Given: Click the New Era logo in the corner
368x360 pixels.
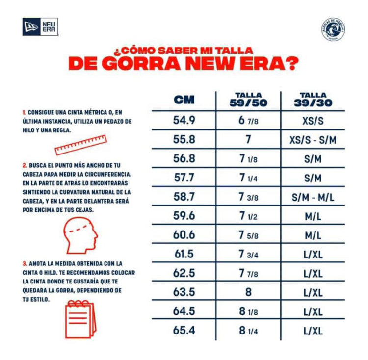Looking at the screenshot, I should coord(40,26).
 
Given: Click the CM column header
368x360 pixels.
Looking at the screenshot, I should coord(184,100).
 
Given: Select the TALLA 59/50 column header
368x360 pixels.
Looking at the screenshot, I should coord(249,100).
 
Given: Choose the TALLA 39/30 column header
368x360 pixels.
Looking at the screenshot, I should coord(313,100).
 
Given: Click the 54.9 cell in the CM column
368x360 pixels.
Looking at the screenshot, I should coord(184,120).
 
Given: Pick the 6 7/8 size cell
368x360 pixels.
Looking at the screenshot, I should coord(249,120).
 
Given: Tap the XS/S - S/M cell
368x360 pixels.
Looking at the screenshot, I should coord(313,139).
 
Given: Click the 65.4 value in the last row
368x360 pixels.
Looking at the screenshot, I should coord(184,331).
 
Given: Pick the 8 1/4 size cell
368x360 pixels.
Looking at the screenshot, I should coord(249,331).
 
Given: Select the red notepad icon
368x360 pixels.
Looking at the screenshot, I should coord(80,319).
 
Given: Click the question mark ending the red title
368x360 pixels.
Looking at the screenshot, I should coord(293,63).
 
